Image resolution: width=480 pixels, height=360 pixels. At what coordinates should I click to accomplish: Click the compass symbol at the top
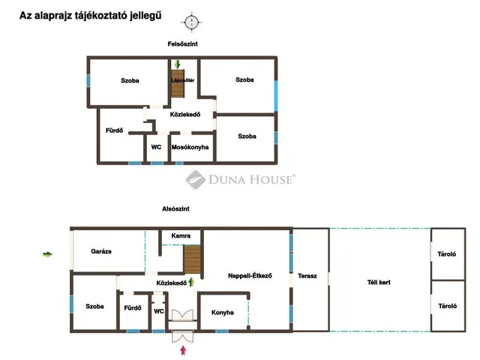click(x=192, y=22)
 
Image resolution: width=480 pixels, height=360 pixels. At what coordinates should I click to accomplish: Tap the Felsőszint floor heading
click(x=182, y=44)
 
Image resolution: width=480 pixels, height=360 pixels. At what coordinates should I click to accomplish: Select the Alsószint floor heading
click(x=175, y=208)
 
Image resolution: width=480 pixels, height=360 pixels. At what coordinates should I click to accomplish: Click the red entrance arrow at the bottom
click(x=183, y=350)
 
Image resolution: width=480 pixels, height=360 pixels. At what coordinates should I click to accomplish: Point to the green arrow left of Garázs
click(x=47, y=254)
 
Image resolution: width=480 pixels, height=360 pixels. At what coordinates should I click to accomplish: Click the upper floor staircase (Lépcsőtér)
click(x=178, y=83)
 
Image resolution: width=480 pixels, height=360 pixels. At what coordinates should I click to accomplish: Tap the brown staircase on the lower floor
click(x=192, y=259)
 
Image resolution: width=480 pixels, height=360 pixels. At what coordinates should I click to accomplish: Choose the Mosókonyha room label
click(x=190, y=147)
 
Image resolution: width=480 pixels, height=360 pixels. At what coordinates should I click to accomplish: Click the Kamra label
click(x=181, y=235)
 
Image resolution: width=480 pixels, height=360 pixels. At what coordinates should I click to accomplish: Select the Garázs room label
click(x=101, y=251)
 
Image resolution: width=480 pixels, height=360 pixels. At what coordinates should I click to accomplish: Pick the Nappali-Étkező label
click(x=250, y=276)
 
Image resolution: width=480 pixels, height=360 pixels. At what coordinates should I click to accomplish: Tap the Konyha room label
click(x=223, y=313)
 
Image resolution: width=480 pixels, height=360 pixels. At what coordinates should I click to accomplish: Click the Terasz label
click(x=307, y=276)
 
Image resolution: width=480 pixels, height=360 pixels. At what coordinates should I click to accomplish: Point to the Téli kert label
click(x=379, y=283)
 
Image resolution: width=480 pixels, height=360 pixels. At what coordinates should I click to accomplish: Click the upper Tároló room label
click(x=447, y=254)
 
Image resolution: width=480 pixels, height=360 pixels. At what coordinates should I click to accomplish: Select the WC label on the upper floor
click(x=156, y=147)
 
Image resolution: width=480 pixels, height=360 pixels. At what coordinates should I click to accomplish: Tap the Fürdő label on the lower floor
click(x=133, y=307)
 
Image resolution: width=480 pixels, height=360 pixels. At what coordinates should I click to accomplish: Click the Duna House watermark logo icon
click(x=195, y=180)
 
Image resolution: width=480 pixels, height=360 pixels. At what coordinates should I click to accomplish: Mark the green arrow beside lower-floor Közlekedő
click(x=191, y=282)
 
